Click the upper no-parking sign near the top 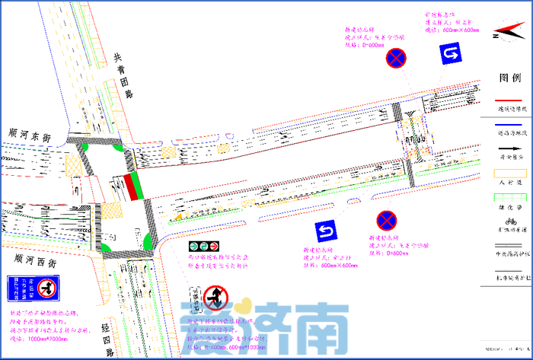(x=396, y=57)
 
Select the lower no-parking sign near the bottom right (x=386, y=221)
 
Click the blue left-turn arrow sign (x=327, y=230)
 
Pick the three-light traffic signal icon (x=205, y=247)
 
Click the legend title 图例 (x=509, y=78)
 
